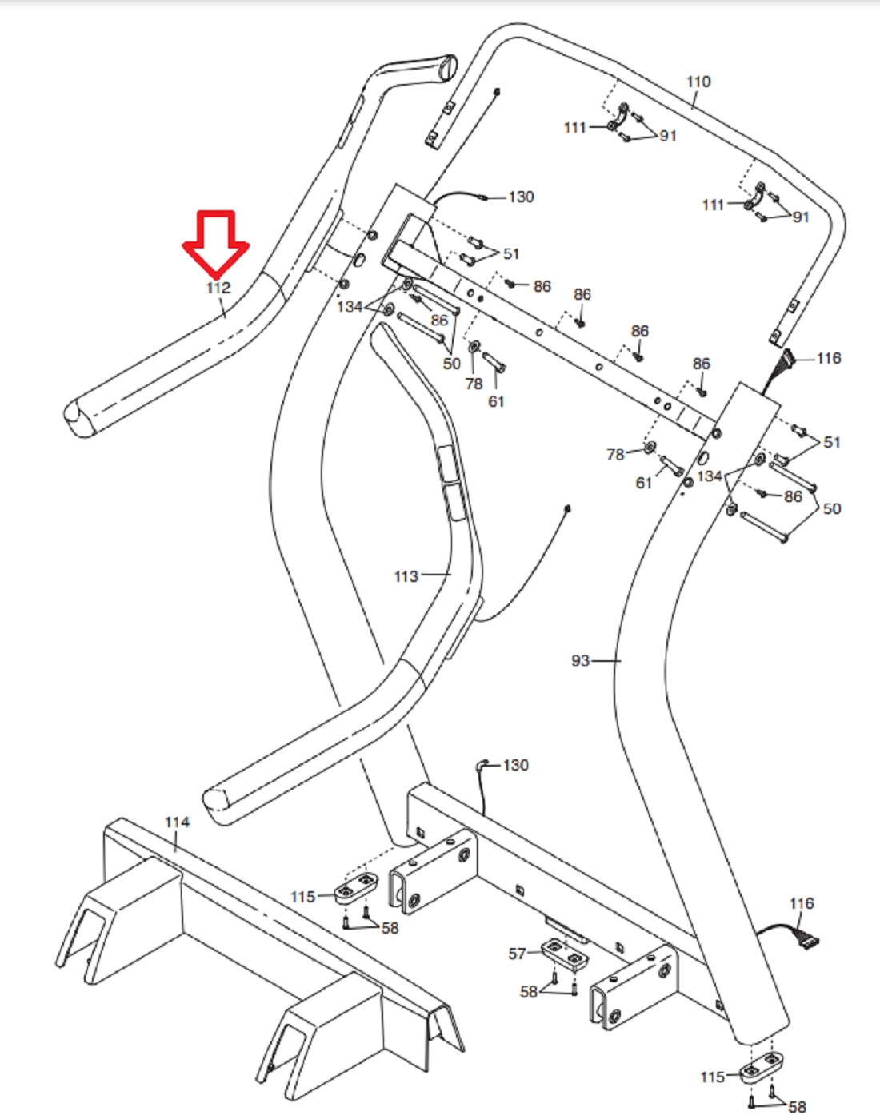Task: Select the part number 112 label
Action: click(x=218, y=288)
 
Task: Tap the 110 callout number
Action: click(x=698, y=82)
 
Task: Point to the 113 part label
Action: click(x=406, y=576)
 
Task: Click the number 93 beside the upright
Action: click(x=580, y=661)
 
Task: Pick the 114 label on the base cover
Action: click(x=177, y=822)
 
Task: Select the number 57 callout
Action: click(x=517, y=954)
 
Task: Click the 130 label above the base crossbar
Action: click(x=515, y=766)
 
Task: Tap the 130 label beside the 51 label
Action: click(x=521, y=197)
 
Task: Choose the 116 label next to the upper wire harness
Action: click(x=829, y=358)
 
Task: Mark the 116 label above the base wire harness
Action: click(x=802, y=903)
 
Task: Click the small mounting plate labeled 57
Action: click(x=565, y=953)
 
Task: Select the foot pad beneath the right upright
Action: click(x=762, y=1067)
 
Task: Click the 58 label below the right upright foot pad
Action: click(x=797, y=1106)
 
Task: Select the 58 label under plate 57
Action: click(x=529, y=992)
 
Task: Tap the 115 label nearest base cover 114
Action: click(x=302, y=897)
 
